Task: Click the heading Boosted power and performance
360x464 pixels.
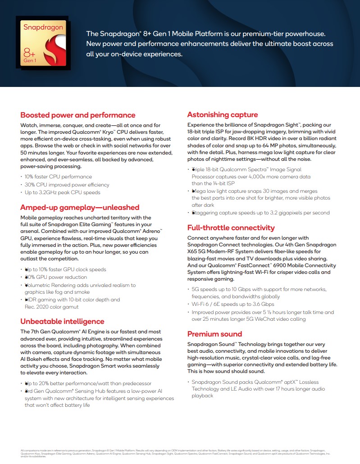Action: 77,115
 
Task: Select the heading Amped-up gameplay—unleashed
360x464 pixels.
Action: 80,207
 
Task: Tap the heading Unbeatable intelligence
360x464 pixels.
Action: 62,321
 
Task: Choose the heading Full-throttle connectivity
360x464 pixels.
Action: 231,227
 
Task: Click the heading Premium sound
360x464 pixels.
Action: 214,334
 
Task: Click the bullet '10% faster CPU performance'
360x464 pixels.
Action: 58,177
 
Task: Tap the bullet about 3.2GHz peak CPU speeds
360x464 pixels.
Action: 62,192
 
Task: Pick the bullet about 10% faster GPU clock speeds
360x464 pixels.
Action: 65,269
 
